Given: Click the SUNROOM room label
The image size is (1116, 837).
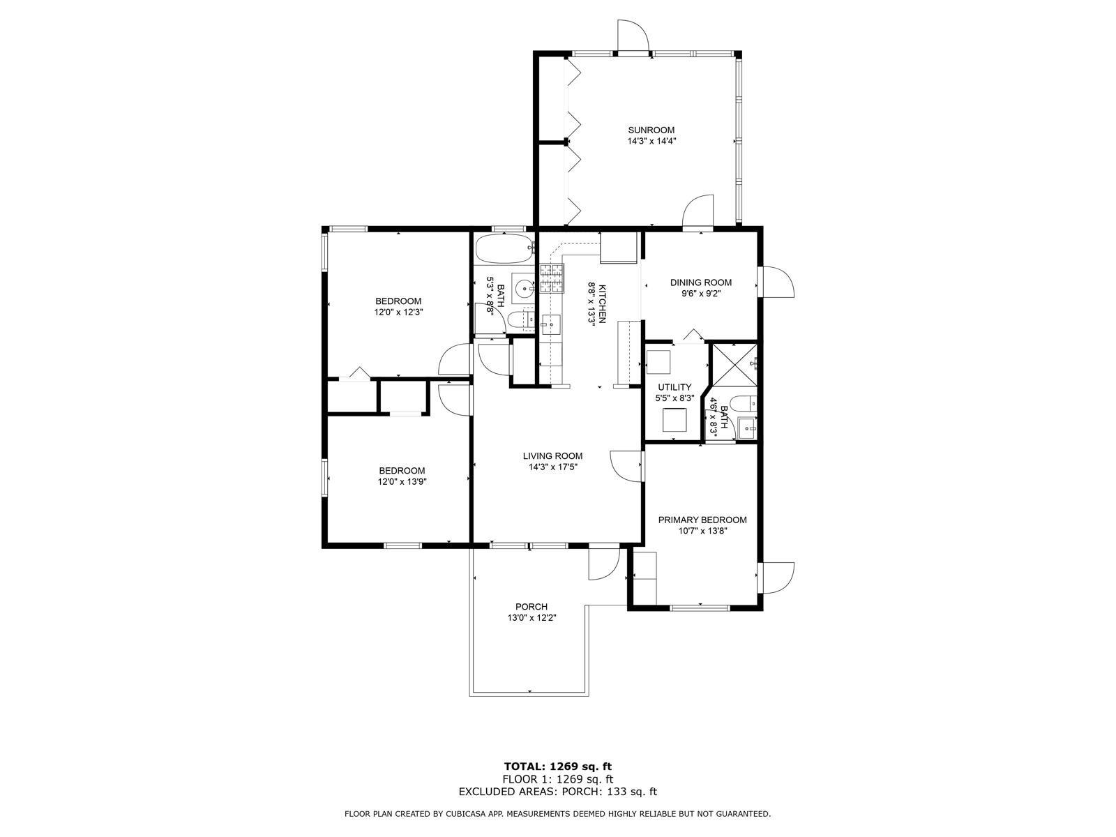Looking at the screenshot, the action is point(651,130).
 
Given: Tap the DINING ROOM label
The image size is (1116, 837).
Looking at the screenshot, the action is point(700,282).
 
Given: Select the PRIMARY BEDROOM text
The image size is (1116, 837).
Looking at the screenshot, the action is point(702,520).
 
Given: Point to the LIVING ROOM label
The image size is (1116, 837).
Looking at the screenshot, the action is point(552,456).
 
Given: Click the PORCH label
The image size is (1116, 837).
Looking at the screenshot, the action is point(531,607).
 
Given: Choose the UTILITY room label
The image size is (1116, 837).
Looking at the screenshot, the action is point(674,387).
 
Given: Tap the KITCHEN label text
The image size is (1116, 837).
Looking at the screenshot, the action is point(602,303).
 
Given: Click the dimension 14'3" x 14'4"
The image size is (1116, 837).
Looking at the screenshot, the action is point(651,142).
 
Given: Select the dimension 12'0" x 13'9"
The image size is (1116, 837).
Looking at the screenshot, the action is point(402,482).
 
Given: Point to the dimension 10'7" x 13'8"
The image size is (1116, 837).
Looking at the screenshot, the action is point(702,531).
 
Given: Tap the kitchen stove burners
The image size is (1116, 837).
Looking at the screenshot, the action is point(552,279).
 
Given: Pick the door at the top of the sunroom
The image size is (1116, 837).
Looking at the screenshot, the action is point(633,36).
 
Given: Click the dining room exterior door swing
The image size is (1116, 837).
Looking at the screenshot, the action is point(776,282).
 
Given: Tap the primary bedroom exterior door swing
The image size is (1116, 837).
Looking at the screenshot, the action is point(776,578).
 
